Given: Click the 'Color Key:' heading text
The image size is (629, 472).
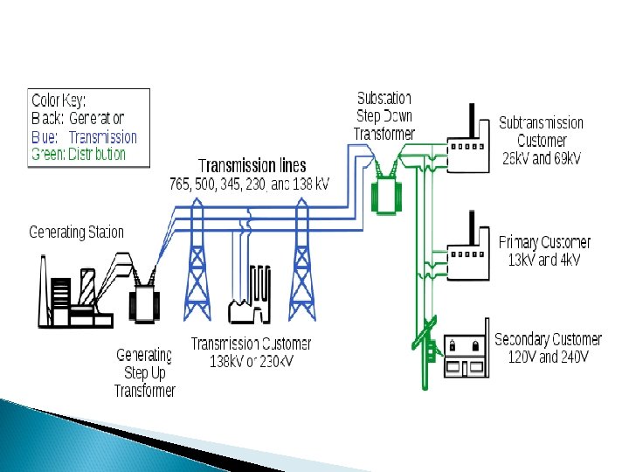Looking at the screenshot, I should coord(59,100).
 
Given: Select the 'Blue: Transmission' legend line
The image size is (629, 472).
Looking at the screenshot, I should coord(84,136).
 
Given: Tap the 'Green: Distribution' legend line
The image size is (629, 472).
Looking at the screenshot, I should coord(79,154).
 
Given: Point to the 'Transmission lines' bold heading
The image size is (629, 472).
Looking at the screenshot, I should coord(252,166).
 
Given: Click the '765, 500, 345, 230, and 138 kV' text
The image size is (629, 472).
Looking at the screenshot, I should coord(249,184).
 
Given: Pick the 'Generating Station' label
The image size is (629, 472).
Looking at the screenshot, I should coord(77,233).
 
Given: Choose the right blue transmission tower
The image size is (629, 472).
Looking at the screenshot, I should coord(302,262).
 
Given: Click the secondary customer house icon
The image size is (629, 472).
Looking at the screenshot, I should coord(465,354).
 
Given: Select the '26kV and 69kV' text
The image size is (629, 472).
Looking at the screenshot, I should coord(542,158).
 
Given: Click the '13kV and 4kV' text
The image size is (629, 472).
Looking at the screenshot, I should coord(544,260).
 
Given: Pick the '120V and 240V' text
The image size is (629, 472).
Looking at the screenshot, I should coord(548,357).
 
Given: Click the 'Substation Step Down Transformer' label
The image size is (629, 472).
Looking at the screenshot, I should coord(384,115).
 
